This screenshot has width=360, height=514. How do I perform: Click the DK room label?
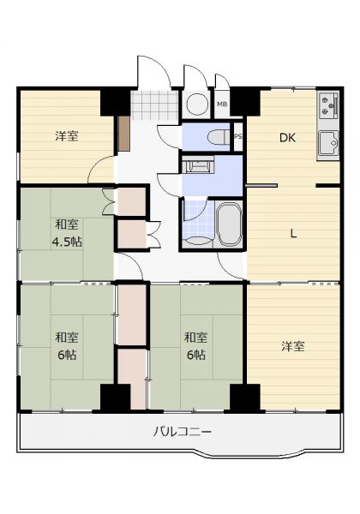[287, 138]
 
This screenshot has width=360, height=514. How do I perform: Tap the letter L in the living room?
[293, 234]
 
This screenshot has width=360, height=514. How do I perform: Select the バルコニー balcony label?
[183, 432]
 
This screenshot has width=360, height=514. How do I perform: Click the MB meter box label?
[222, 105]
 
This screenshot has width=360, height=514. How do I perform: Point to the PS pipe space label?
[238, 137]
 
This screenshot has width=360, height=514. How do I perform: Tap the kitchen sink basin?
[328, 142]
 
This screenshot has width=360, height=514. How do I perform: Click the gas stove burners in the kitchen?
[328, 105]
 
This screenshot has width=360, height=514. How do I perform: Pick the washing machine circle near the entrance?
[197, 105]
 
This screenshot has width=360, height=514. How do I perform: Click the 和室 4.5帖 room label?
[67, 233]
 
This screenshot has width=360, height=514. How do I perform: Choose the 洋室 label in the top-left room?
[67, 136]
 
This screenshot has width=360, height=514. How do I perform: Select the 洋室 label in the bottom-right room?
[293, 346]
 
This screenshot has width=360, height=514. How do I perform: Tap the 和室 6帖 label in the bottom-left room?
[67, 346]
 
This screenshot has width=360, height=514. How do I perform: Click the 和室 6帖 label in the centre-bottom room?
[195, 346]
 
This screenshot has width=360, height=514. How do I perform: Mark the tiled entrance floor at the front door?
[154, 105]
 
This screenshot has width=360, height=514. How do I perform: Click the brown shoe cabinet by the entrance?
[124, 134]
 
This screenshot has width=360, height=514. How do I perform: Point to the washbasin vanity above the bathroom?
[198, 164]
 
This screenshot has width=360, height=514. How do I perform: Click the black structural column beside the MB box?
[245, 102]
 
